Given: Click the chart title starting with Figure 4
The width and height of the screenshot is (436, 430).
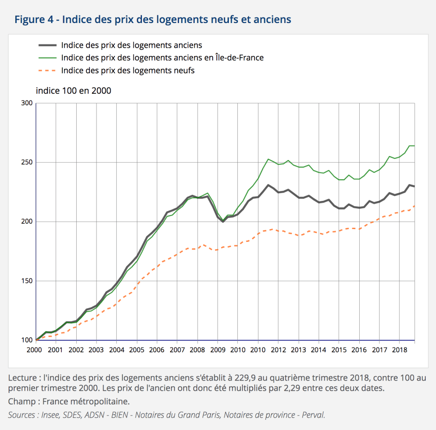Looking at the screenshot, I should point(153,20).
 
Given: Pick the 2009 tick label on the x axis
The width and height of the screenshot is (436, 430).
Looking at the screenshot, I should point(217,350).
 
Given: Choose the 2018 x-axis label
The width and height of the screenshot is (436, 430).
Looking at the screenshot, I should point(399,350).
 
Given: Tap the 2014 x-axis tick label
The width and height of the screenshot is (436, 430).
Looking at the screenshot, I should point(318,350).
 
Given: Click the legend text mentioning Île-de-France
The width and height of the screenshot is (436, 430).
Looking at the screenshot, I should point(162,58).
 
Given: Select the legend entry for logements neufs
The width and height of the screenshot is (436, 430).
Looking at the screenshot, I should point(128,70).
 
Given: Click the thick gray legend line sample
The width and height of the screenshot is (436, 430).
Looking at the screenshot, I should point(47,45).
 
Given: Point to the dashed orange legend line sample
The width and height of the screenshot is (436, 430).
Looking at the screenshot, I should point(47,70).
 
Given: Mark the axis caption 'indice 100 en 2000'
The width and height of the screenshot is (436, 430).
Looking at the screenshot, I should point(73,90).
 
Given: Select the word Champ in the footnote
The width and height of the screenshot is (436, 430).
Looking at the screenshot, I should point(20,401).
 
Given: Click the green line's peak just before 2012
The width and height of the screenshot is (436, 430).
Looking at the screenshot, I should point(268,159).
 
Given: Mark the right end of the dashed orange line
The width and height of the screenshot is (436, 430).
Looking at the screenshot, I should point(414,206).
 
